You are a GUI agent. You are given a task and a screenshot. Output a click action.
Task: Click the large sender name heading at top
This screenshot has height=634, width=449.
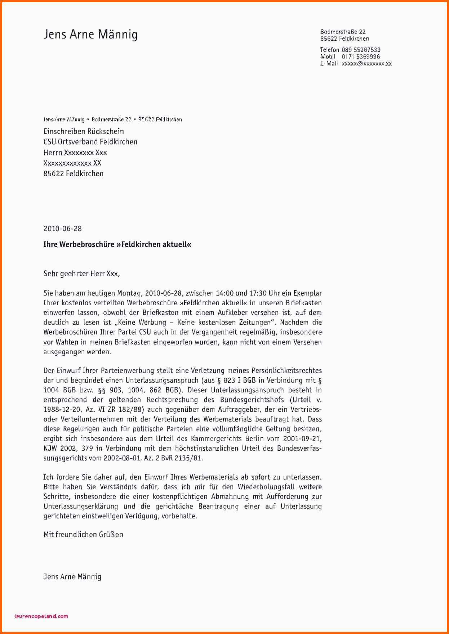[x=90, y=35]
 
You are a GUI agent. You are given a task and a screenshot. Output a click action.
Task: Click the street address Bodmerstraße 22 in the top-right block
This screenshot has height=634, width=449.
[x=343, y=32]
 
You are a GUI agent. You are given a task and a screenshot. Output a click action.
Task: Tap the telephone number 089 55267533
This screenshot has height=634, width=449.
[x=361, y=50]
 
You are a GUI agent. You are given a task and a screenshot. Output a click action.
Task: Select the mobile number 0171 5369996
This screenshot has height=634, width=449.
[x=360, y=57]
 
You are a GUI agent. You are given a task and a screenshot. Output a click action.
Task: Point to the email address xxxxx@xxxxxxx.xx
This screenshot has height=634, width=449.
[x=366, y=64]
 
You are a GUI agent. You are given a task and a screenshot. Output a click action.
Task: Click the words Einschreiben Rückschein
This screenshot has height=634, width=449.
[x=84, y=131]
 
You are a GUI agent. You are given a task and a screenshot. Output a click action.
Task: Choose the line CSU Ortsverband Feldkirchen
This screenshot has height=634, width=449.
[x=90, y=142]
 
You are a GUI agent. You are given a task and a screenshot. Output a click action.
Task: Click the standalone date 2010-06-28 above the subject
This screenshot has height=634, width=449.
[x=62, y=229]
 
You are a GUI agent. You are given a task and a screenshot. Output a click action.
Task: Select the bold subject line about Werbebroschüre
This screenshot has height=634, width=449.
[x=117, y=244]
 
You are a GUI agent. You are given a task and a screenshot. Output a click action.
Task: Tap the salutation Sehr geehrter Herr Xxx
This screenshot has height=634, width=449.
[x=81, y=274]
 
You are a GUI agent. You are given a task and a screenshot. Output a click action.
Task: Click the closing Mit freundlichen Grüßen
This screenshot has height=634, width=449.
[x=83, y=535]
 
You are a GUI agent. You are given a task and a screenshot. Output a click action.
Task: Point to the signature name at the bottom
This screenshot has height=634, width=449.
[x=72, y=577]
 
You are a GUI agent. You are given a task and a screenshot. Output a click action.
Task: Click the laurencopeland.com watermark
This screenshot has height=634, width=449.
[x=41, y=616]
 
